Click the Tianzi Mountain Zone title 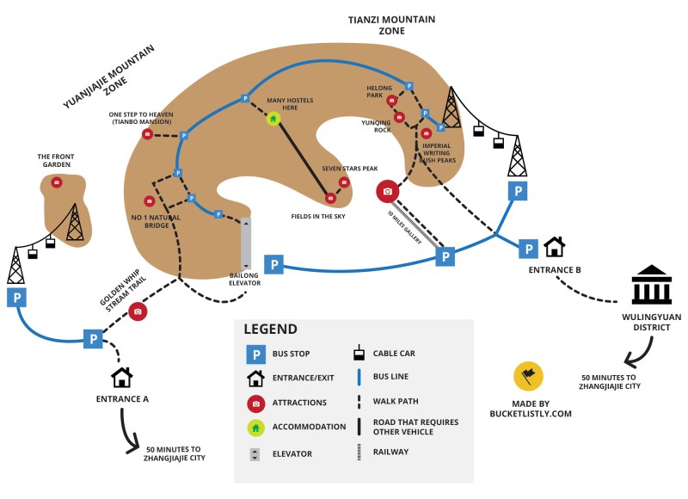[391, 25]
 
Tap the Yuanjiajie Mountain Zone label [101, 79]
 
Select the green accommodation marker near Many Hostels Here [273, 119]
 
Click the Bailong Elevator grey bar [246, 243]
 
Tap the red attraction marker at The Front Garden [57, 182]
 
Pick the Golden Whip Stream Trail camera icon [138, 311]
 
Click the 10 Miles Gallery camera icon [388, 191]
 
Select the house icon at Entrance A [122, 377]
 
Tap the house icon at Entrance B [555, 248]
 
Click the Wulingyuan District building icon [651, 286]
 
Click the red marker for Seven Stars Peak [344, 182]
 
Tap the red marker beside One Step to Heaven [147, 134]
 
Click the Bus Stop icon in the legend [255, 354]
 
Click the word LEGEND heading [270, 329]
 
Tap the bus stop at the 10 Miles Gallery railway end [445, 256]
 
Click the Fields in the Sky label [318, 216]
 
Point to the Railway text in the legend [390, 452]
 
